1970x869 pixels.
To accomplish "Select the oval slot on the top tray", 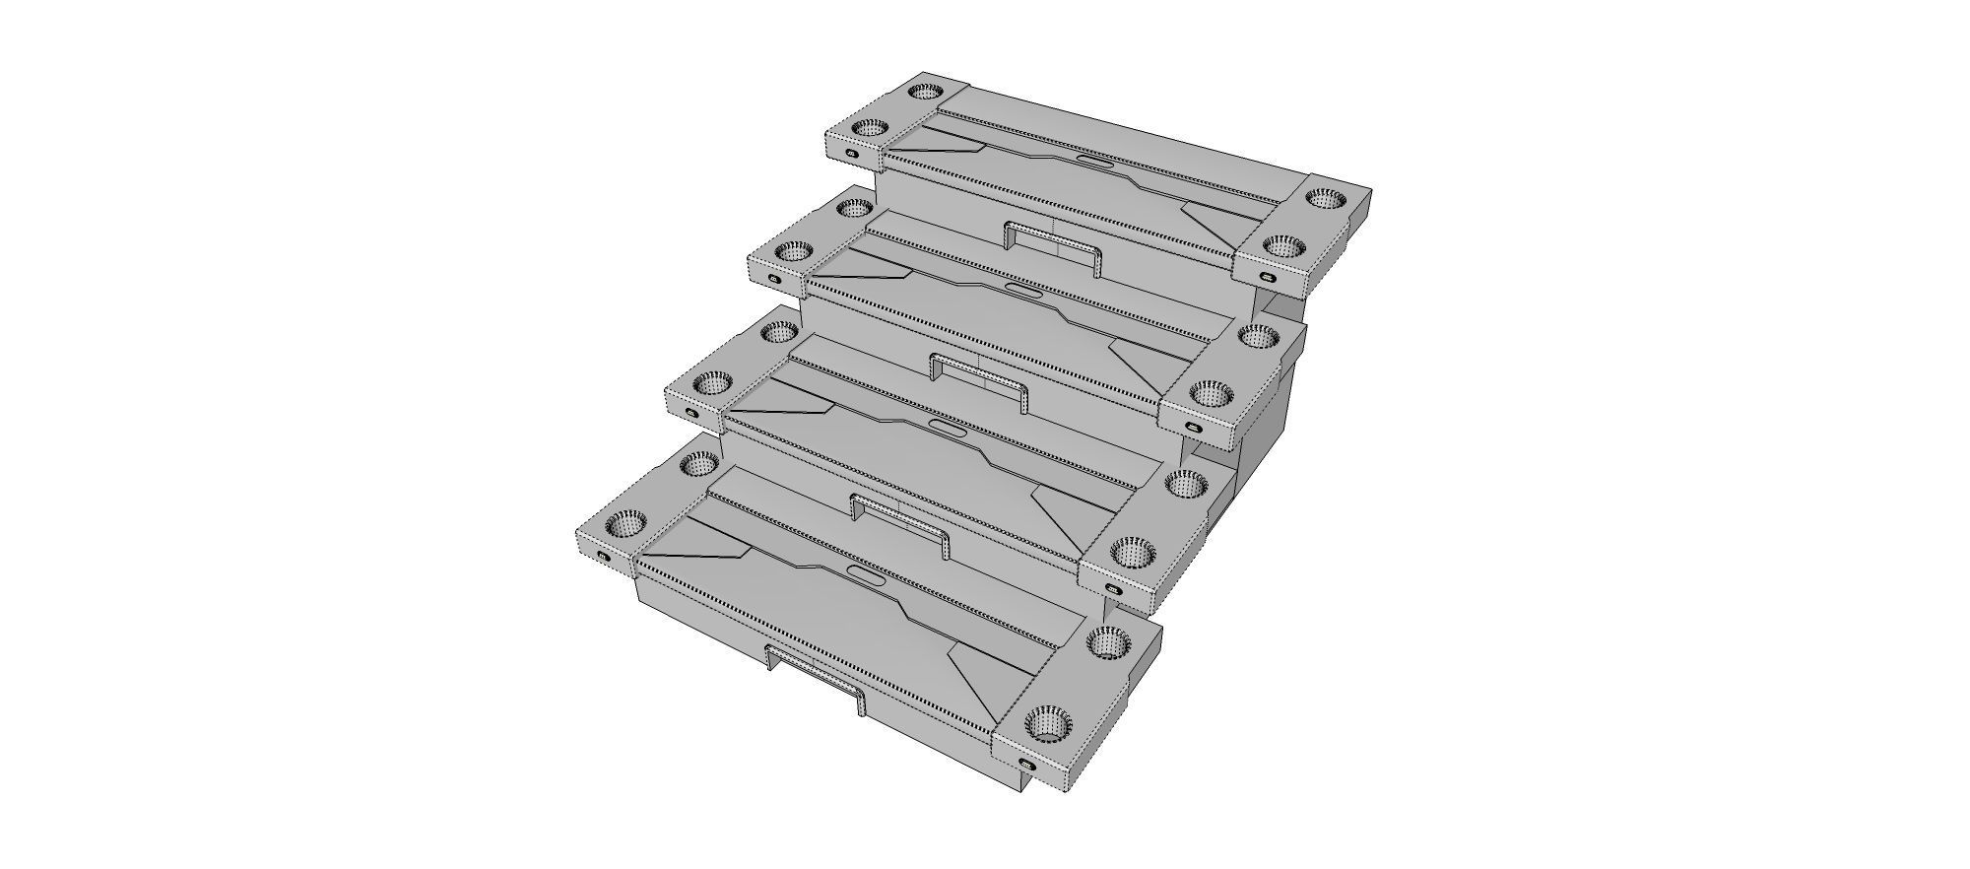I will pyautogui.click(x=1095, y=162).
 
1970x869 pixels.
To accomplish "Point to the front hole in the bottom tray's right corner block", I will pyautogui.click(x=1047, y=726).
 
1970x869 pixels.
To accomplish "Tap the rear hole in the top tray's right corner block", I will pyautogui.click(x=1326, y=198).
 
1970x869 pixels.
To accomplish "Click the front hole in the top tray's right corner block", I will pyautogui.click(x=1281, y=245).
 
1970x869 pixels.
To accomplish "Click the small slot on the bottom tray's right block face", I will pyautogui.click(x=1025, y=766).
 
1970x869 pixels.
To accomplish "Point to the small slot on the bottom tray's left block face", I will pyautogui.click(x=604, y=557).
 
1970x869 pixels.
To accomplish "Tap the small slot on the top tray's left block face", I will pyautogui.click(x=853, y=153).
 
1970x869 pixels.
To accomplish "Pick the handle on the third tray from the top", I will pyautogui.click(x=898, y=520).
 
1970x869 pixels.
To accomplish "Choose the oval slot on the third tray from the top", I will pyautogui.click(x=947, y=427).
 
